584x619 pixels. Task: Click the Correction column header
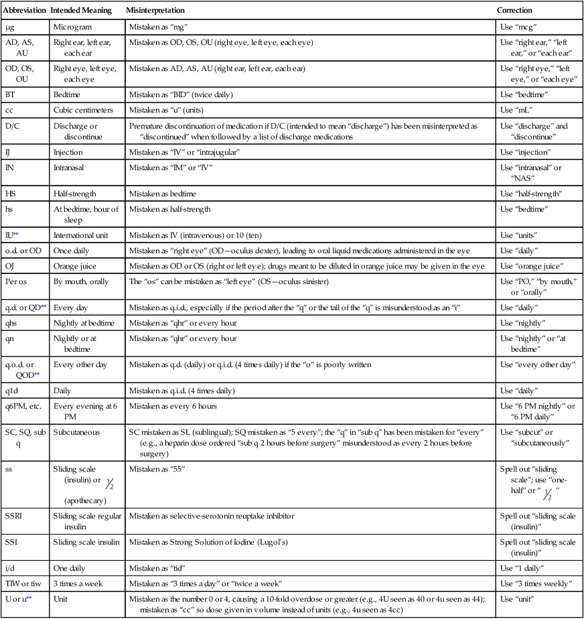click(x=515, y=11)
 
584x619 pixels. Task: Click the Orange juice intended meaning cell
click(x=76, y=266)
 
